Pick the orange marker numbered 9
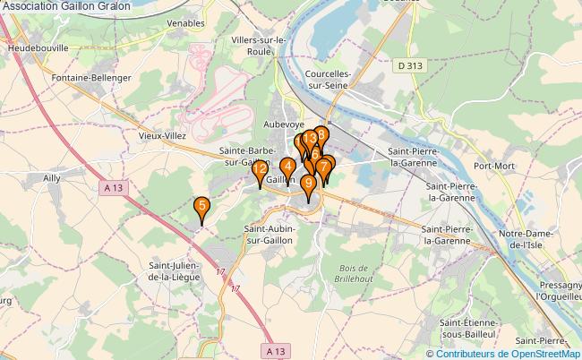pyautogui.click(x=309, y=184)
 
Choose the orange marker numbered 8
pyautogui.click(x=321, y=136)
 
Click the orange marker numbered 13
pyautogui.click(x=310, y=140)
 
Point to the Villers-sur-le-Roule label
pyautogui.click(x=258, y=46)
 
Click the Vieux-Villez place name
pyautogui.click(x=161, y=135)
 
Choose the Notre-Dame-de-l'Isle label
pyautogui.click(x=530, y=239)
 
